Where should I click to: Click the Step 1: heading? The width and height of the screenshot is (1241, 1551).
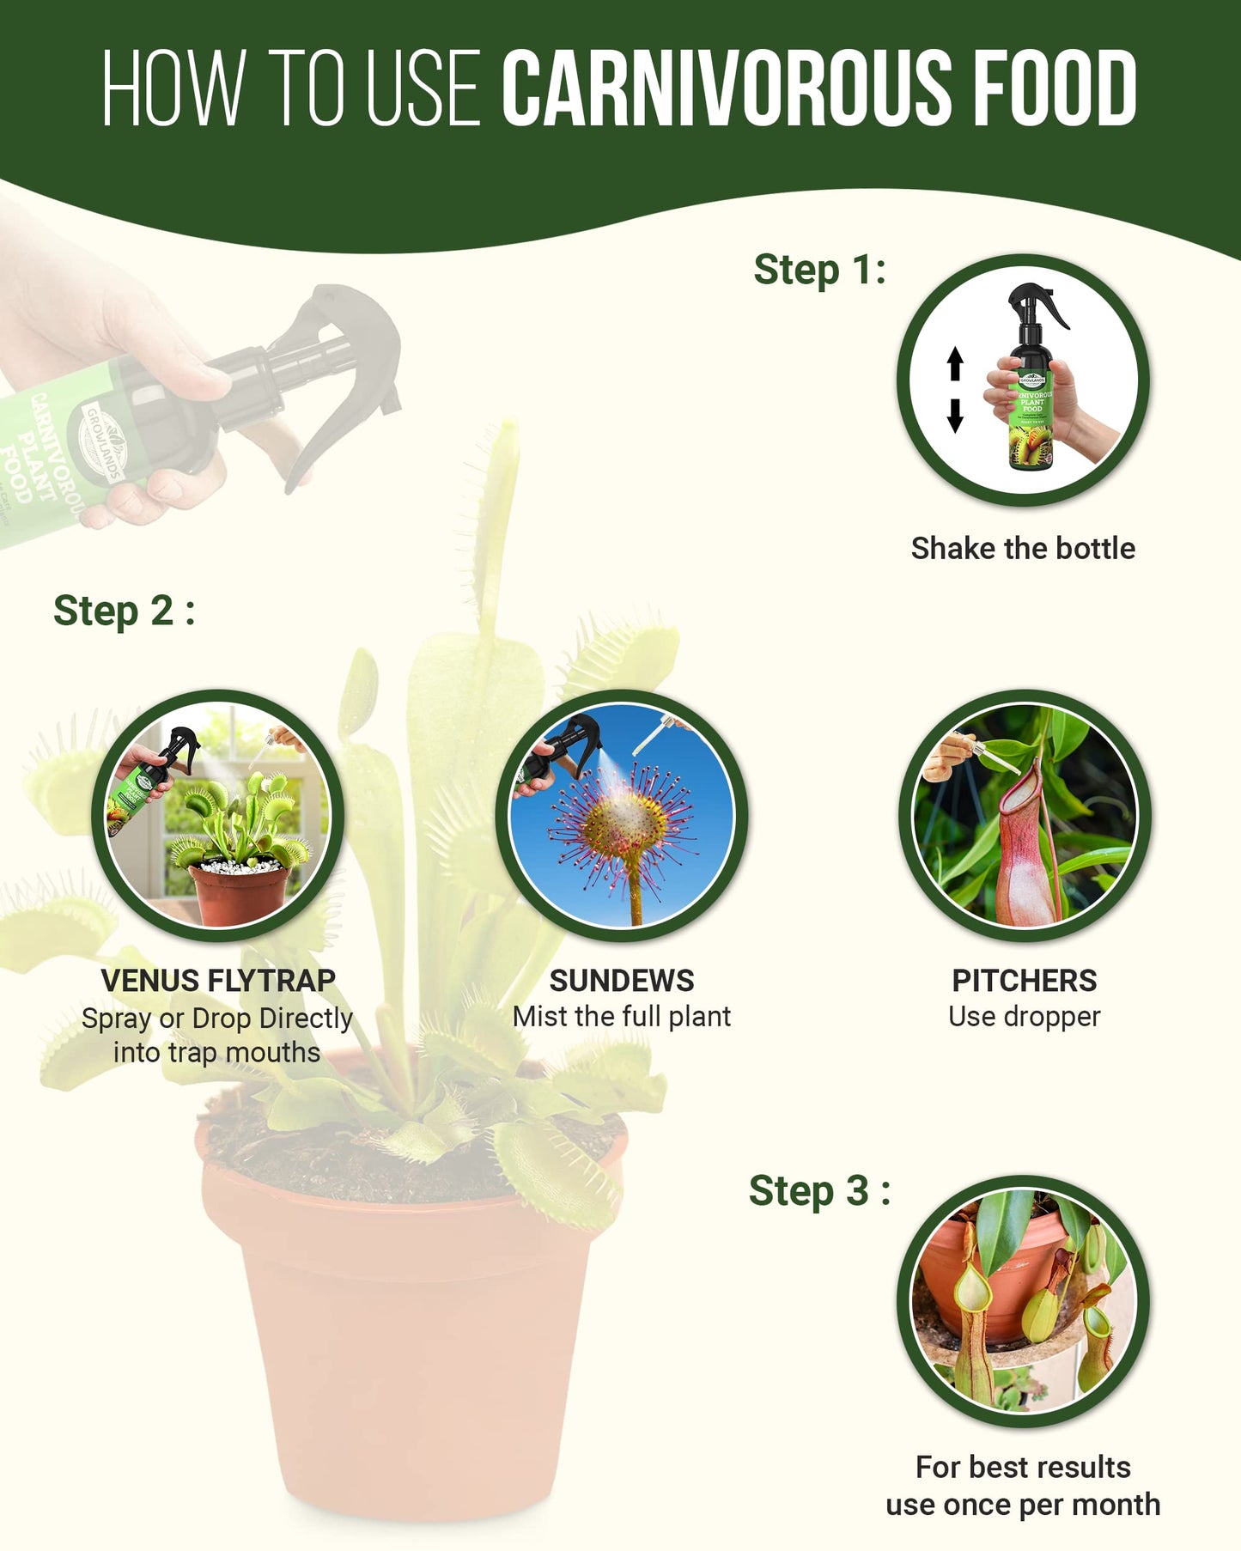(x=819, y=271)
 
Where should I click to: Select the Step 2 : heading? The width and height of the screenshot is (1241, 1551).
(x=124, y=611)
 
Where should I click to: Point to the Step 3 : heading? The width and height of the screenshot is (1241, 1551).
(x=818, y=1191)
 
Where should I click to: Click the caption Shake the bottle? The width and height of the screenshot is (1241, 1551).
(x=1023, y=548)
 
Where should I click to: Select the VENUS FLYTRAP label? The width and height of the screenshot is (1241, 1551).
(x=218, y=980)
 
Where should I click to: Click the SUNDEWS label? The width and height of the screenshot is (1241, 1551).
(x=621, y=980)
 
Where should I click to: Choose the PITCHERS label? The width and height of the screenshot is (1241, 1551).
(x=1024, y=980)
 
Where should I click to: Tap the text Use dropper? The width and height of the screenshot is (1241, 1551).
(x=1024, y=1017)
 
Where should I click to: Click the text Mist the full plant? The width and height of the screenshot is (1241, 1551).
(x=621, y=1017)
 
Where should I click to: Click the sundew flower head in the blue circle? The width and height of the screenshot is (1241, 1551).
(x=623, y=824)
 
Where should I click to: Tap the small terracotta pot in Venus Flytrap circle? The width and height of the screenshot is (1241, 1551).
(x=239, y=893)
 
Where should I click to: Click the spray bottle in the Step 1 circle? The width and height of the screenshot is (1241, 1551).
(x=1031, y=395)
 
